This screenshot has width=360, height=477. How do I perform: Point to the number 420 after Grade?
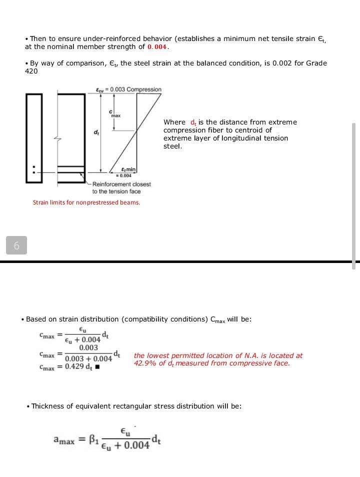click(31, 71)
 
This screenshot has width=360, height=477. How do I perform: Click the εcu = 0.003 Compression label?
click(128, 89)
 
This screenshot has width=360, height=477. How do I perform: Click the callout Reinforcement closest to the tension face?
click(121, 188)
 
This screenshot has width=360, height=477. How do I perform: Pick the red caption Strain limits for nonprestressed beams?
click(86, 202)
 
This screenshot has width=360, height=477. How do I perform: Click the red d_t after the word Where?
click(193, 122)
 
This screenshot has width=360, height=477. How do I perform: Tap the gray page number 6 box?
click(16, 245)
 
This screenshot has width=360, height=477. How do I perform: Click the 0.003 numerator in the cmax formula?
click(88, 348)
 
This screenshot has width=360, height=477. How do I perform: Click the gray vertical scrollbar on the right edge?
click(354, 195)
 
